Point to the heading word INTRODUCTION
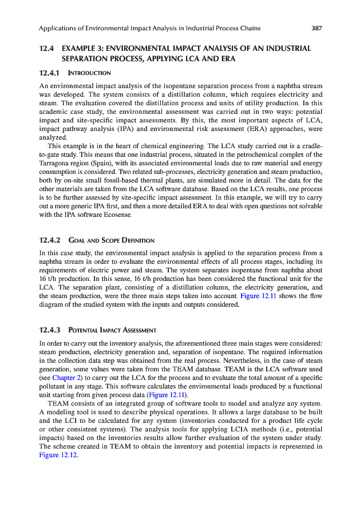89,73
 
